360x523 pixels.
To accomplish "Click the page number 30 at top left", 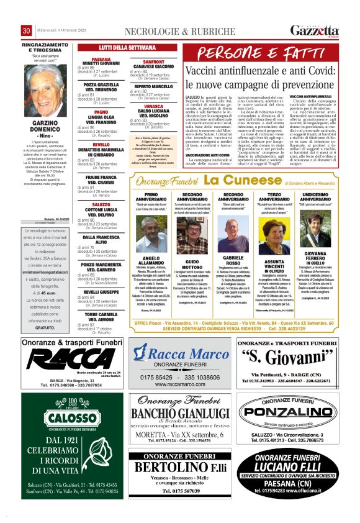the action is coord(26,31).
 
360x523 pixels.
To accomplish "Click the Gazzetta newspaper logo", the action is coord(315,30).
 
